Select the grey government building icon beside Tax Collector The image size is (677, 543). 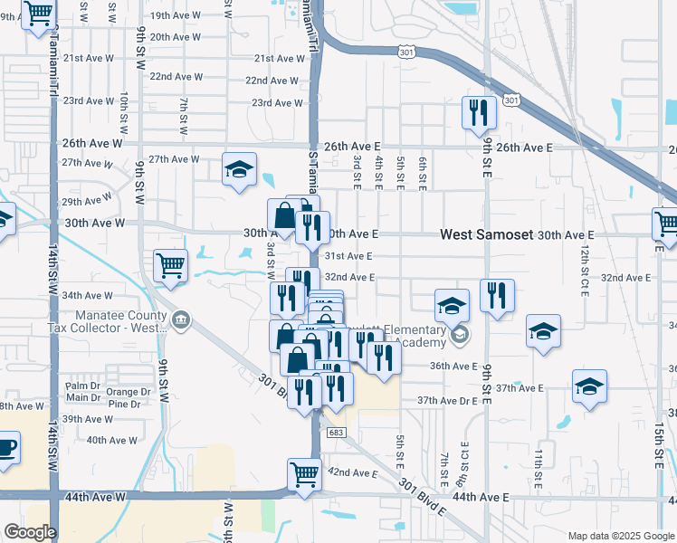coord(181,319)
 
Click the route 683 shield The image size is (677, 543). coord(335,433)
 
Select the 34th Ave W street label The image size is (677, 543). coord(87,295)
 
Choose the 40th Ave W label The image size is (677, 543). coord(111,440)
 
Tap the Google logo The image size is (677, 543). coord(30,532)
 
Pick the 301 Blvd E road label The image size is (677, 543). coord(424,498)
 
